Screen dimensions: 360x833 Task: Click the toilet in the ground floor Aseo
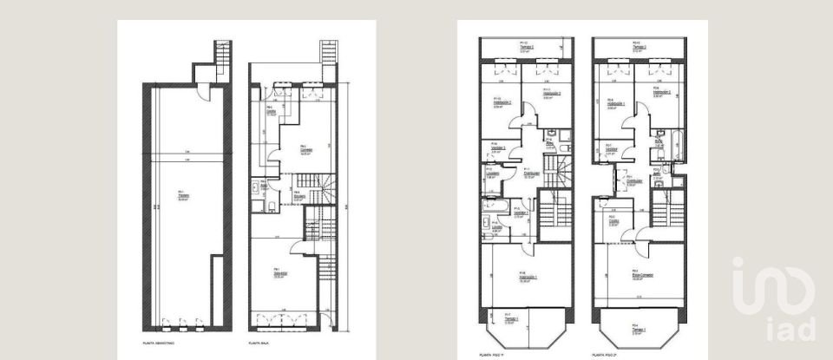pos(271,206)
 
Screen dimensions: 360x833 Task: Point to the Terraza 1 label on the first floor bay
pos(512,319)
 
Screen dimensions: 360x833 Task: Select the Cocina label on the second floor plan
pos(612,222)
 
